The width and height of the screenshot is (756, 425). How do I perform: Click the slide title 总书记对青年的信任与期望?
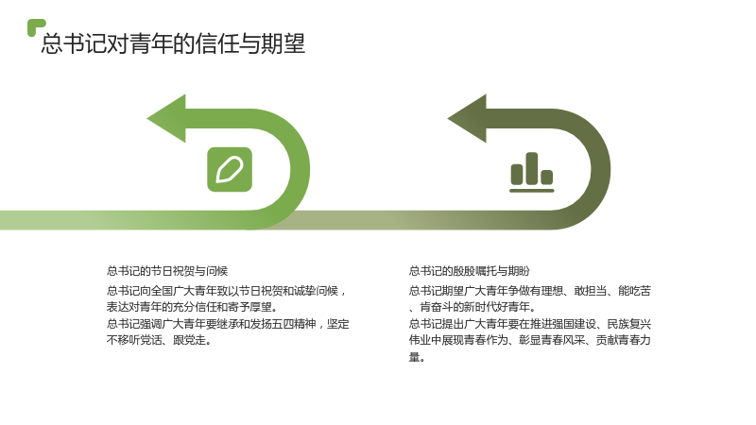pos(173,43)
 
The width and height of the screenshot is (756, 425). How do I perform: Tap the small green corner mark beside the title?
pos(36,27)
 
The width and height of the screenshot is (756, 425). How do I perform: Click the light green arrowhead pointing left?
pos(167,119)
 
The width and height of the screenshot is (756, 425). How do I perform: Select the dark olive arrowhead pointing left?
pos(468,119)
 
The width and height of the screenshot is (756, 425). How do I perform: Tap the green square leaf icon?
pos(230,170)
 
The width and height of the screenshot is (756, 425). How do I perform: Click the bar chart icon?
pos(532,173)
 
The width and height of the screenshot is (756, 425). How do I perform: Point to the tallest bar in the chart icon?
pos(532,168)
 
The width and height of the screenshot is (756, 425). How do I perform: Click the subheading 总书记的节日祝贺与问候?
pos(167,271)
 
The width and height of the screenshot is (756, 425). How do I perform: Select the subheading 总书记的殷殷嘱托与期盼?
pos(469,271)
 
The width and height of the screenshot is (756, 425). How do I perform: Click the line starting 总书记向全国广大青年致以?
pos(227,291)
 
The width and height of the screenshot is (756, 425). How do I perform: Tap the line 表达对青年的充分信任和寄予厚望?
pos(193,307)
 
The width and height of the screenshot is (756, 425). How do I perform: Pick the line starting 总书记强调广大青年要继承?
pos(228,324)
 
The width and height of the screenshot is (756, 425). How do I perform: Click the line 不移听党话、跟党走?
pos(159,340)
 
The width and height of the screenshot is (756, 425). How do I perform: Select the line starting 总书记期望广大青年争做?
pos(530,291)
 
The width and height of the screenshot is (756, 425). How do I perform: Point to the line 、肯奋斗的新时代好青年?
pos(472,307)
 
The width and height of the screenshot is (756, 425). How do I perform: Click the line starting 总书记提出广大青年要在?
pos(530,324)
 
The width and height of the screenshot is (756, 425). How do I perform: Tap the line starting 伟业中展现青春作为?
pos(530,340)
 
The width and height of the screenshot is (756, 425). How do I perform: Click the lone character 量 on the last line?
pos(415,357)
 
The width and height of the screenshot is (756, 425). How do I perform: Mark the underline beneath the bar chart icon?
pos(532,191)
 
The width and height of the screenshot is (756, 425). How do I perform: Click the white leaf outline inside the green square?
pos(230,170)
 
